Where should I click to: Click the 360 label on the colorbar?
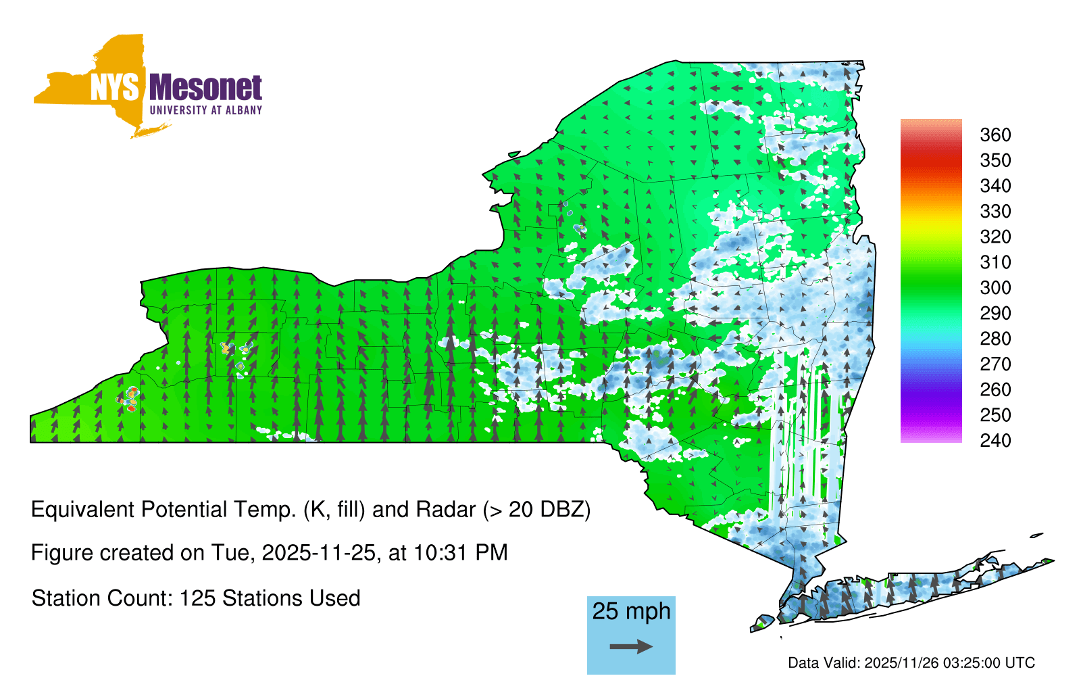coord(995,135)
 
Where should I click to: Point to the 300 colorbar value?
coord(995,288)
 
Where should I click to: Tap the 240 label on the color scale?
coord(995,440)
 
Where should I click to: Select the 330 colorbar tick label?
coord(995,211)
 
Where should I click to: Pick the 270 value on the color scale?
coord(995,364)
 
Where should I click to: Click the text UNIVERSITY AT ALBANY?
coord(205,110)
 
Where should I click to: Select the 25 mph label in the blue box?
coord(631,611)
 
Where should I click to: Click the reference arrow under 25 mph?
coord(631,646)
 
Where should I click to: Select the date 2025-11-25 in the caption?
coord(318,553)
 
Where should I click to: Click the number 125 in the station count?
coord(195,598)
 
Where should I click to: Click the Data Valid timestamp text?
coord(911,662)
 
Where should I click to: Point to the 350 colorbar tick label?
coord(995,160)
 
